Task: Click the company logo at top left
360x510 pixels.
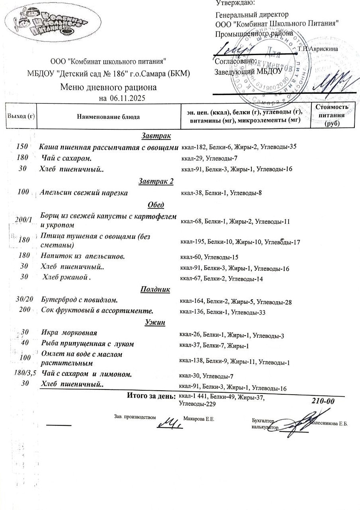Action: pos(47,22)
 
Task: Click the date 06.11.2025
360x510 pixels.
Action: pos(125,98)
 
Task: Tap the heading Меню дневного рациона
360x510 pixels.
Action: pos(108,87)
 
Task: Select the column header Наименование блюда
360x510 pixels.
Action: pos(109,117)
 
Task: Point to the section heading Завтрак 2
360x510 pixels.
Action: pos(156,182)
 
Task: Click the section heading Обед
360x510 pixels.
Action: pos(156,205)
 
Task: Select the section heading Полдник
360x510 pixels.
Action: pos(155,289)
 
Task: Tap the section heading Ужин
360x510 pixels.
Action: pos(155,322)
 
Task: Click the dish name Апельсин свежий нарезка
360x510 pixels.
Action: pos(84,193)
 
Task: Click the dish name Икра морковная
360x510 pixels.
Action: pos(69,332)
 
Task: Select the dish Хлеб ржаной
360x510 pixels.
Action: pos(67,278)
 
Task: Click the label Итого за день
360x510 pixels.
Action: pos(151,396)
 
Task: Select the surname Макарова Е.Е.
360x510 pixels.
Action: pos(199,419)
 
